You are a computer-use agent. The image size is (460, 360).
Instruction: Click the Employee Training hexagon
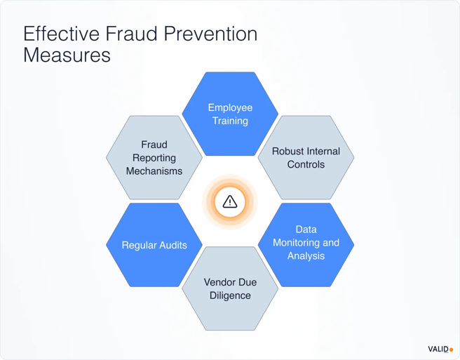[x=230, y=114]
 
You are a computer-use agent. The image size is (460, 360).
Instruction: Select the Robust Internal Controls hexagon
[x=306, y=158]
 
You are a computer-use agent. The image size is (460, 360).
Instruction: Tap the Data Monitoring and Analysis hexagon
[x=306, y=244]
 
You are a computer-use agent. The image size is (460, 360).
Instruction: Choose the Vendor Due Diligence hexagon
[x=230, y=288]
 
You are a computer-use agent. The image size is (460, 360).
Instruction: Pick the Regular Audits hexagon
[x=154, y=246]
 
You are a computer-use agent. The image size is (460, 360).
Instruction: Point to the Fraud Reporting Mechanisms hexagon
[x=154, y=158]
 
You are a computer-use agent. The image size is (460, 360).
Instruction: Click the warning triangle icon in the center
[x=230, y=202]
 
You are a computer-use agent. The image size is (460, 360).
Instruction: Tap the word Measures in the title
[x=67, y=55]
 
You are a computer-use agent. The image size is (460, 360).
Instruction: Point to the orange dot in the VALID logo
[x=452, y=349]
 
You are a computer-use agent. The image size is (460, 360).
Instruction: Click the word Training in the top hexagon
[x=230, y=121]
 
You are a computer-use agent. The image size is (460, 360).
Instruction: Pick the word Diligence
[x=230, y=295]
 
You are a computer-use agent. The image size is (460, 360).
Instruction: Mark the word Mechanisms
[x=154, y=171]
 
